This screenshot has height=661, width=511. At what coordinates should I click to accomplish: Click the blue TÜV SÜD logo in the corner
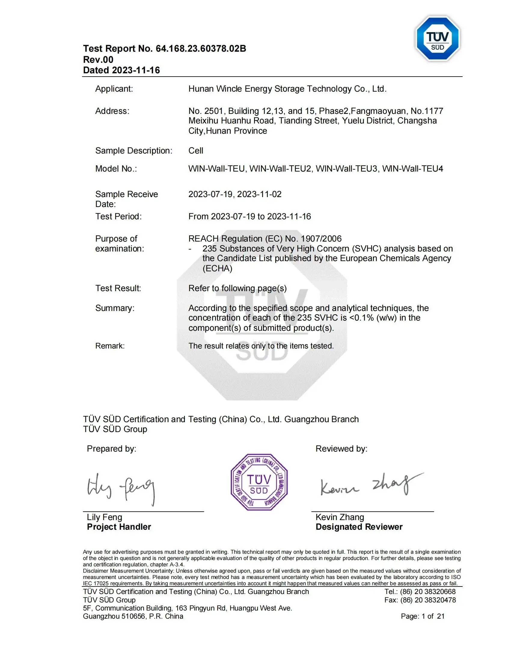(438, 39)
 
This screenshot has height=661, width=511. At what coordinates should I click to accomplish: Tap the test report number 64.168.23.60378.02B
(201, 48)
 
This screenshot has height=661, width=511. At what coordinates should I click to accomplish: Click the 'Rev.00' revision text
(98, 59)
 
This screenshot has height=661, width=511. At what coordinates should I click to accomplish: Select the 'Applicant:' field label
(114, 89)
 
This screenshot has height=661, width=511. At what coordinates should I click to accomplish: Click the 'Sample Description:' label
(133, 151)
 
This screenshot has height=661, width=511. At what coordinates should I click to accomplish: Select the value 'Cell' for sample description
(196, 151)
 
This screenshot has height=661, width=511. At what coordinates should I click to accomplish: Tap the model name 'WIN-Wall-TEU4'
(412, 169)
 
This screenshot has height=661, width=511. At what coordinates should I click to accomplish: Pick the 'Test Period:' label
(118, 216)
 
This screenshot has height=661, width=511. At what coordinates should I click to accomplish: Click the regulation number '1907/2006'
(321, 239)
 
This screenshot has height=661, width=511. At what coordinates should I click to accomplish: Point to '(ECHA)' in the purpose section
(217, 268)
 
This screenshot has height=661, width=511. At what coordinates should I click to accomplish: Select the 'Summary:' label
(115, 308)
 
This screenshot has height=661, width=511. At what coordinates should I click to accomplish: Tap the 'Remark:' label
(110, 346)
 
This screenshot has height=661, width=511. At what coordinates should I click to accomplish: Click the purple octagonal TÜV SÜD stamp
(259, 482)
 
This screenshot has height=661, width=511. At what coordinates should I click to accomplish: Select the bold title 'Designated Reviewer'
(359, 527)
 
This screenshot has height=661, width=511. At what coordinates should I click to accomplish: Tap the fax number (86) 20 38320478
(428, 600)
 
